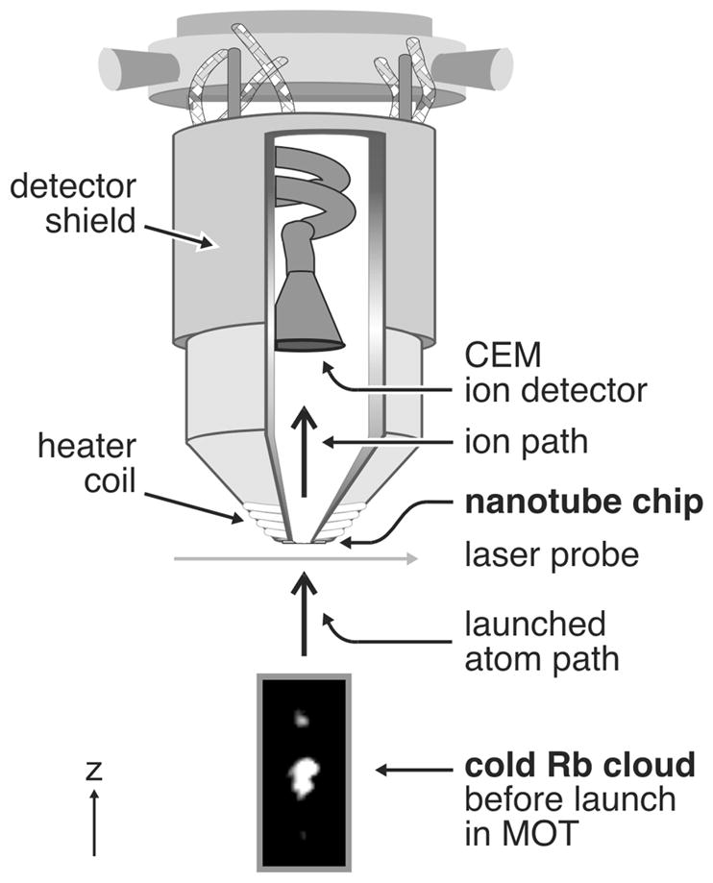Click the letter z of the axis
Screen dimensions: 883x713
coord(93,771)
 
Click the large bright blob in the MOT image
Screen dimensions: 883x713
coord(305,774)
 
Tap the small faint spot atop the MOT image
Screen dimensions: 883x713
coord(301,716)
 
